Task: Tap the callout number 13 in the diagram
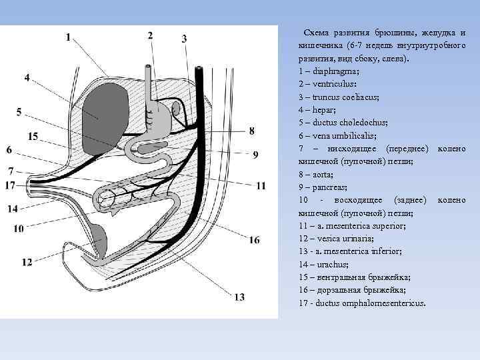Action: (x=239, y=297)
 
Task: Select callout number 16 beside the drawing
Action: (x=254, y=240)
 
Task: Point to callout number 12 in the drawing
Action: (x=27, y=263)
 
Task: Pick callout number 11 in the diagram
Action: (x=261, y=186)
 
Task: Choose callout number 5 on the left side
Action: (x=19, y=111)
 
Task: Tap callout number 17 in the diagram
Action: (x=10, y=185)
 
